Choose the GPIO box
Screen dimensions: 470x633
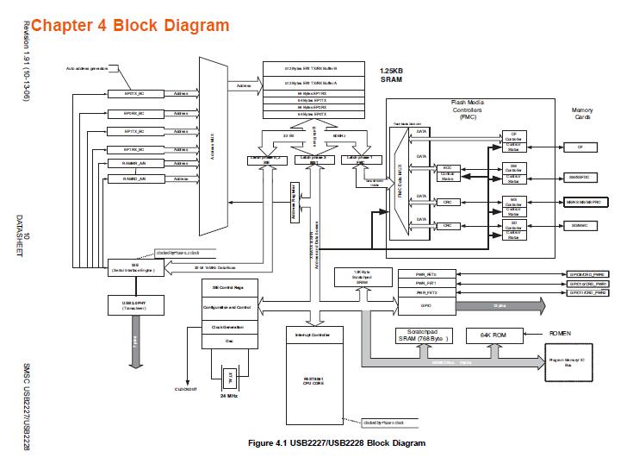pyautogui.click(x=426, y=306)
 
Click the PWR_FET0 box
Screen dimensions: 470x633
pyautogui.click(x=426, y=273)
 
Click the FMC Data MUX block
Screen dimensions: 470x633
pyautogui.click(x=400, y=181)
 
